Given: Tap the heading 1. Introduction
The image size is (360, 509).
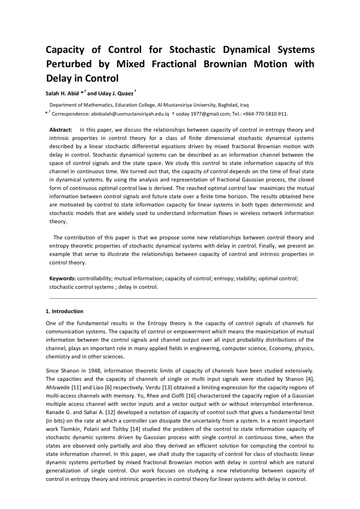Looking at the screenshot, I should pyautogui.click(x=64, y=311).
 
